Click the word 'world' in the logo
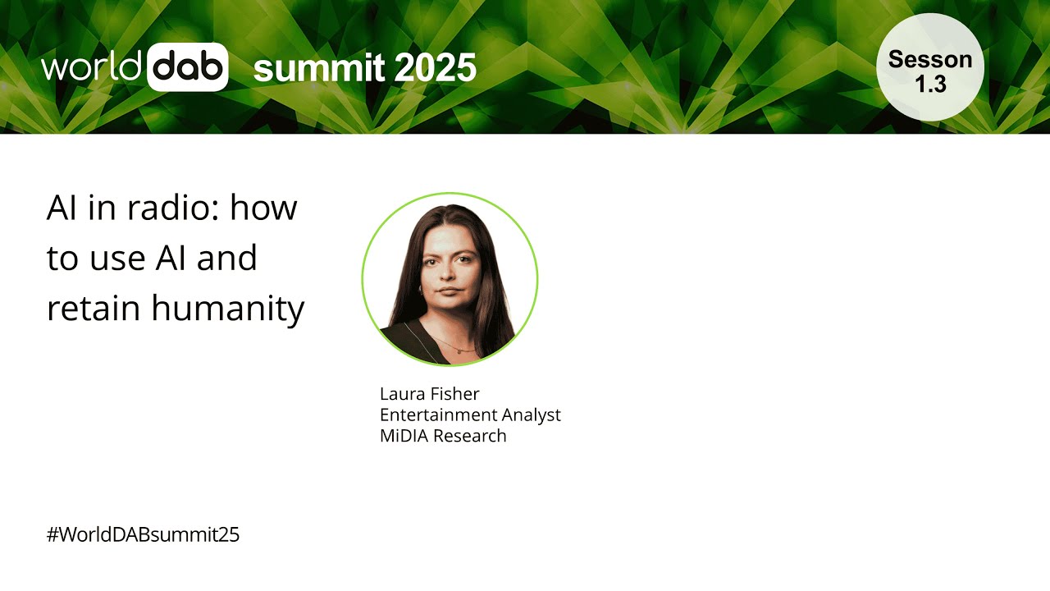92,67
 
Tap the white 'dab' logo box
188,66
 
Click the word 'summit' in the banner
317,68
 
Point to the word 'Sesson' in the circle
930,59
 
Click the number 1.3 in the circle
930,84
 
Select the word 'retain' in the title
93,309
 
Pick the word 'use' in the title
116,259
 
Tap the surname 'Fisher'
456,394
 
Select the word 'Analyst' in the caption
529,415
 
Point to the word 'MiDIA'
404,436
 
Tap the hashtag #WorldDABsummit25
143,535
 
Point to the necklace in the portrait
456,346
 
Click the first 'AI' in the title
62,208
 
